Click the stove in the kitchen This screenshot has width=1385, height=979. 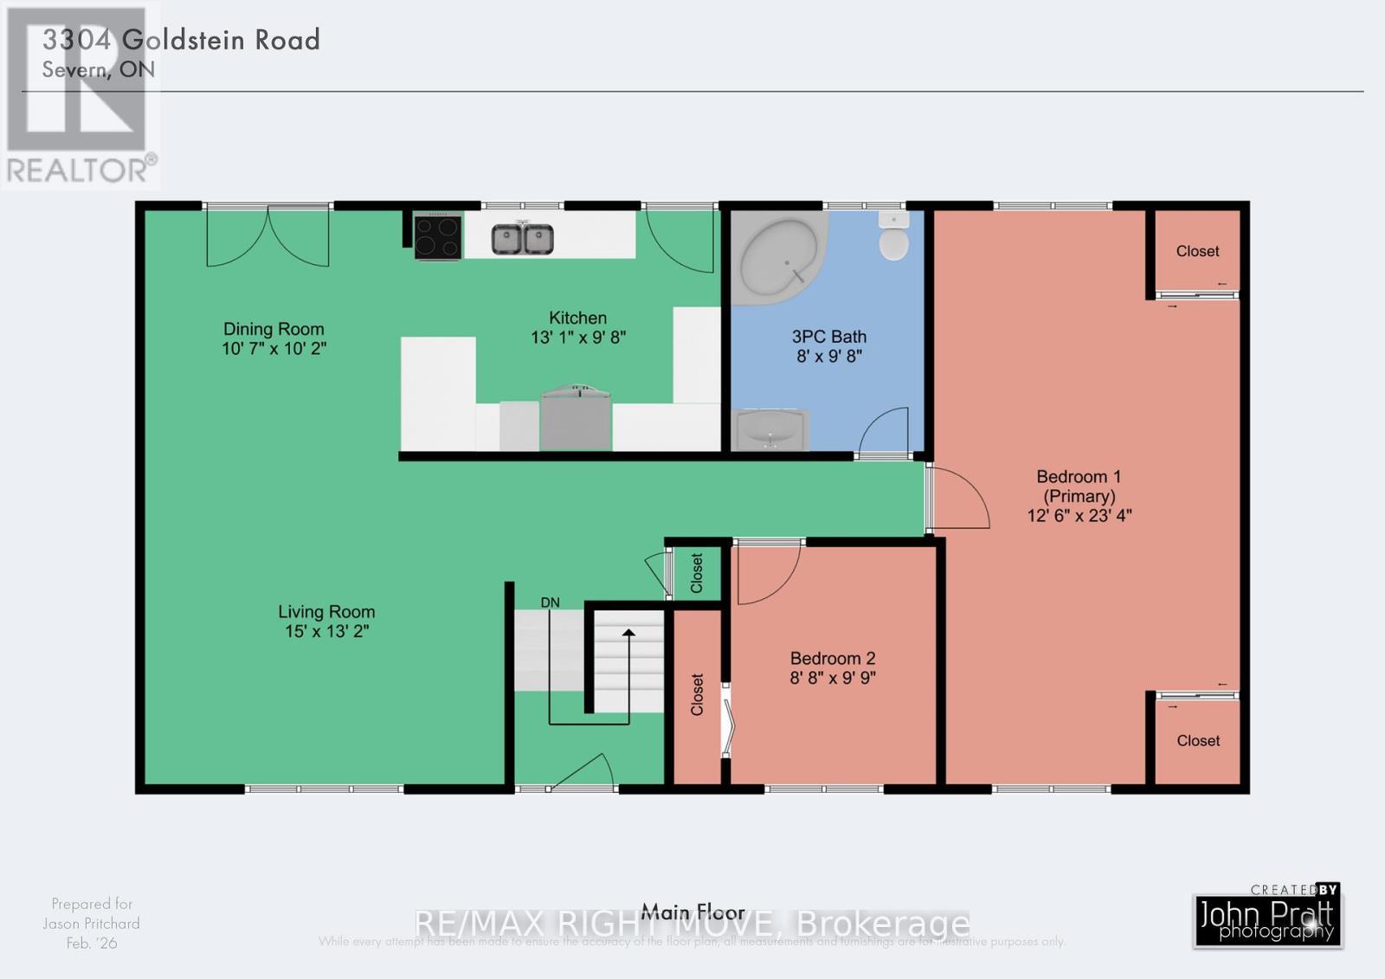(x=437, y=236)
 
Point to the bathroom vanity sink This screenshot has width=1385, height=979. (x=770, y=430)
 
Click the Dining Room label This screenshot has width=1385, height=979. (x=274, y=329)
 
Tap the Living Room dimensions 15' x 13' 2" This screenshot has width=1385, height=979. (x=327, y=632)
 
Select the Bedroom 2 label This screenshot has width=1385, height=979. (x=833, y=659)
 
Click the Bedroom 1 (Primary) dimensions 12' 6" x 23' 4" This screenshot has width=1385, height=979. (x=1079, y=516)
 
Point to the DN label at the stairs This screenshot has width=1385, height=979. (x=551, y=602)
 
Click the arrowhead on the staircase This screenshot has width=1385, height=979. (x=628, y=634)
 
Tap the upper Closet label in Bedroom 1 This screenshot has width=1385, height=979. (x=1197, y=251)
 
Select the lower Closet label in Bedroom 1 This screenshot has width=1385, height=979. (x=1198, y=741)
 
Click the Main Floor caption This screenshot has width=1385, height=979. (x=692, y=911)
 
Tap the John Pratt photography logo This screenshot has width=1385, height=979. (x=1268, y=919)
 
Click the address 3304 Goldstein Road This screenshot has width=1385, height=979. (x=182, y=40)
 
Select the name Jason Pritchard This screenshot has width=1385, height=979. (x=92, y=924)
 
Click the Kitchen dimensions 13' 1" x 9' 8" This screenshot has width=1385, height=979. (x=578, y=338)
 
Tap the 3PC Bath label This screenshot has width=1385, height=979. (x=829, y=337)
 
